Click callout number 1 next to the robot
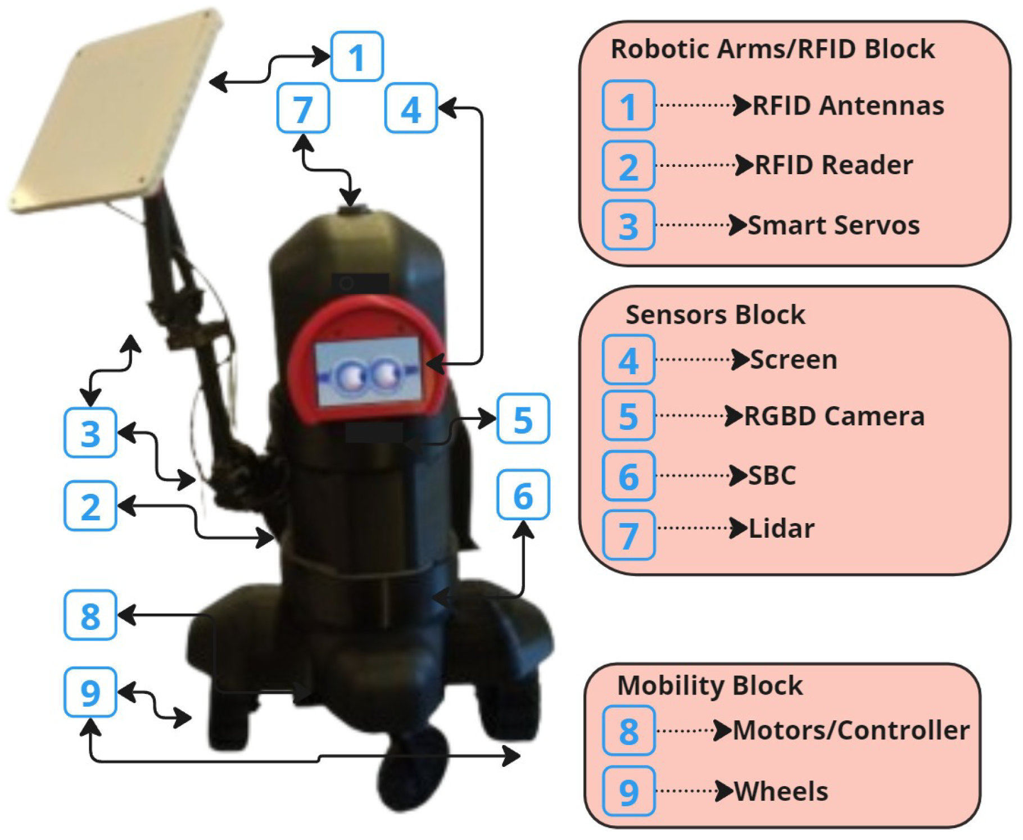357,57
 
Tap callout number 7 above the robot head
303,108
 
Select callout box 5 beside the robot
523,419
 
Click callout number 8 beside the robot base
90,615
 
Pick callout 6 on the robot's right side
523,495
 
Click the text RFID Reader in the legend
834,165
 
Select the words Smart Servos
834,225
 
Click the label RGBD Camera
834,416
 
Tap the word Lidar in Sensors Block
781,529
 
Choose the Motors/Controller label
851,730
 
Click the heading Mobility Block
710,685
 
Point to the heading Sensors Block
715,315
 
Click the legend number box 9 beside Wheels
628,791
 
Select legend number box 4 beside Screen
628,360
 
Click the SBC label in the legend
772,475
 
